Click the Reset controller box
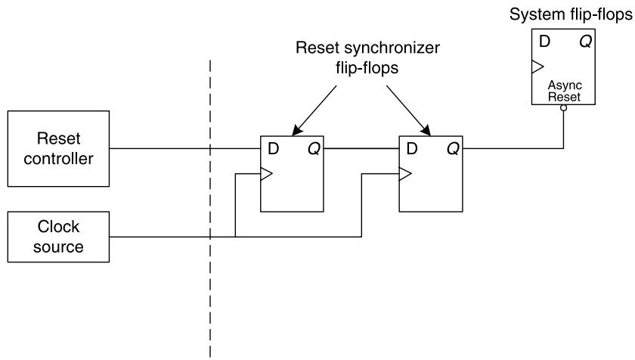tap(58, 149)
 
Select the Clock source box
tap(58, 237)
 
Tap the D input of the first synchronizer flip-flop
tap(274, 149)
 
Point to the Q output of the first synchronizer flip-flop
tap(314, 149)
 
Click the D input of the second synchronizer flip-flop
tap(412, 149)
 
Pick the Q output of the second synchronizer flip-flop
tap(453, 149)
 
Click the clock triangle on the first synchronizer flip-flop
tap(266, 174)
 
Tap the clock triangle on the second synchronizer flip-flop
tap(405, 174)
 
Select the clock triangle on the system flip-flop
tap(537, 67)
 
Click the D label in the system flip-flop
tap(545, 42)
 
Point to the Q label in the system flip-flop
tap(586, 42)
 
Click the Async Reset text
tap(565, 91)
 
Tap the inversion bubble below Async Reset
tap(563, 107)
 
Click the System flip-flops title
tap(571, 14)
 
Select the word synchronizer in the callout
tap(392, 48)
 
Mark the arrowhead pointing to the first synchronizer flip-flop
tap(297, 130)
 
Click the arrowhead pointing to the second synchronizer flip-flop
tap(426, 130)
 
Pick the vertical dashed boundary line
tap(210, 209)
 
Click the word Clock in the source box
tap(58, 227)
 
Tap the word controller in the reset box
tap(58, 159)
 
